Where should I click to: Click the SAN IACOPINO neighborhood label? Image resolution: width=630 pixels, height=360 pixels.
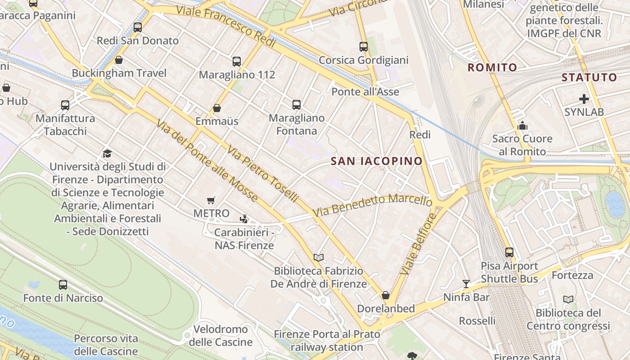[377, 161]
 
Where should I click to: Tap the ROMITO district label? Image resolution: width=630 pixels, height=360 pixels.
[492, 67]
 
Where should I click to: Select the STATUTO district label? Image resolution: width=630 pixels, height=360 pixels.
[589, 77]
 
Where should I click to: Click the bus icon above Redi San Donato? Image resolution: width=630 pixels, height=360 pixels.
[138, 27]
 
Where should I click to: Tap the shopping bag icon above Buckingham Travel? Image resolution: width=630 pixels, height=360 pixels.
[119, 60]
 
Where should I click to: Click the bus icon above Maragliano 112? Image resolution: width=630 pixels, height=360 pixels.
[237, 62]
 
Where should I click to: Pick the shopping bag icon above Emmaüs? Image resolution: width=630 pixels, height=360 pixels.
[217, 108]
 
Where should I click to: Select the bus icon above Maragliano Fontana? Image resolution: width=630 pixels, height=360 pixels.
[297, 105]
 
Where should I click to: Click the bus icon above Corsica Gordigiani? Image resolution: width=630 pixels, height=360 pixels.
[364, 47]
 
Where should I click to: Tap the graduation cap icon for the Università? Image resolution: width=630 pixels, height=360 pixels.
[107, 154]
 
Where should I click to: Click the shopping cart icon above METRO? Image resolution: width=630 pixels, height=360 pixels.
[211, 200]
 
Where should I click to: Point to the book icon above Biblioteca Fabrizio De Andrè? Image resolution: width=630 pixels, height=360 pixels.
[319, 258]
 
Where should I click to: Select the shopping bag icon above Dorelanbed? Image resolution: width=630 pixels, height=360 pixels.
[386, 296]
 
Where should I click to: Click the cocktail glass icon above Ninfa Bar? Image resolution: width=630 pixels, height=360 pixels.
[466, 284]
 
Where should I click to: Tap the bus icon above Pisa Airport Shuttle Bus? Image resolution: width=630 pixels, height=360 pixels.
[509, 252]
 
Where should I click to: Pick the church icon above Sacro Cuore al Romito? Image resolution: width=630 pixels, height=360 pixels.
[522, 126]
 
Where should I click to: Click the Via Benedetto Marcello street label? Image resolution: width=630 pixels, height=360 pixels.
[372, 205]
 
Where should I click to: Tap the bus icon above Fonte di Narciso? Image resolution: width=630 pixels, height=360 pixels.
[63, 285]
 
